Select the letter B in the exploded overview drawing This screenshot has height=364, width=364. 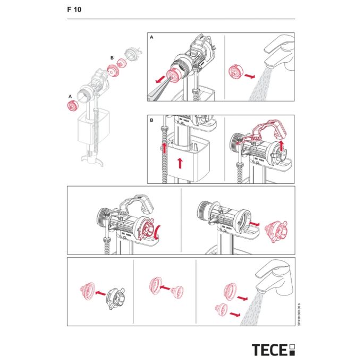tap(112, 57)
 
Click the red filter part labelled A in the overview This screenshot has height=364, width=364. tap(71, 105)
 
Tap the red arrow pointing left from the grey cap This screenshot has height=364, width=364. tap(99, 292)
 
